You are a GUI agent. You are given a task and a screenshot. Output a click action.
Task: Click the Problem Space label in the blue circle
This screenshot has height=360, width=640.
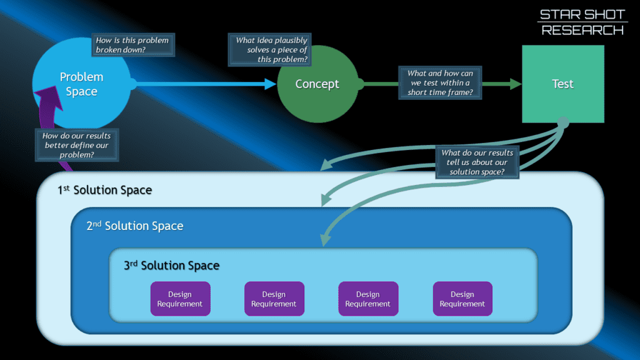pos(82,84)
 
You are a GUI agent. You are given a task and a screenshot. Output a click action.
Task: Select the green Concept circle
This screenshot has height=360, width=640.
pos(318,84)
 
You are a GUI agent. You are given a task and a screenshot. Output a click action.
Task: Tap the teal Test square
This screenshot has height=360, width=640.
pos(563,84)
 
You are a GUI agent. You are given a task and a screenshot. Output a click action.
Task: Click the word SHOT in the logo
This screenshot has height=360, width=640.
pos(604,15)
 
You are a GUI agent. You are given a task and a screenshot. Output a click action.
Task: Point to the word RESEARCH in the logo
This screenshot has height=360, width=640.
pos(582,30)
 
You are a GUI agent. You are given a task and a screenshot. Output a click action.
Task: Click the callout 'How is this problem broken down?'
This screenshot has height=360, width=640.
pos(133,45)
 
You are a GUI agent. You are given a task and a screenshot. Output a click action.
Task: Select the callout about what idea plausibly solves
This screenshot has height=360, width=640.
pos(270,50)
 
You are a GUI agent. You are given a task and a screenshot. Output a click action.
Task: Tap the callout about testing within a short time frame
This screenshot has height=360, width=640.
pos(440,83)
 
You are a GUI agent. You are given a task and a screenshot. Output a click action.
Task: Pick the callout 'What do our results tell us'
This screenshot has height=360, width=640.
pos(477,162)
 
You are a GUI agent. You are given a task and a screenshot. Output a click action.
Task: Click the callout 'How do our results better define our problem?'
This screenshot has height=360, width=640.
pos(77,145)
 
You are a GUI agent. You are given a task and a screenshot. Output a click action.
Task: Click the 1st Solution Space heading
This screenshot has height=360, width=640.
pos(104,190)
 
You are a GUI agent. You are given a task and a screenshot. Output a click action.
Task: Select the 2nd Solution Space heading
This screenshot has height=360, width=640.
pos(135,226)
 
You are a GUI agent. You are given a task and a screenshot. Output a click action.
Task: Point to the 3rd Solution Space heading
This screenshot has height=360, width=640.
pos(171,265)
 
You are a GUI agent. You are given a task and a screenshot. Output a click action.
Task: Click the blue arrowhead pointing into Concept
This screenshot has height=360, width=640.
pos(270,84)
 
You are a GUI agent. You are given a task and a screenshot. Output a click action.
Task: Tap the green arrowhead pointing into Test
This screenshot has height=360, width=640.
pos(516,84)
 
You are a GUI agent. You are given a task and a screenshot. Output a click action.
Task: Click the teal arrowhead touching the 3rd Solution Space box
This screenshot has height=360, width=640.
pos(325,239)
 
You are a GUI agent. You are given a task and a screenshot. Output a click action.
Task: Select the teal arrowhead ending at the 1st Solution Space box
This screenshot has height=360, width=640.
pos(327,164)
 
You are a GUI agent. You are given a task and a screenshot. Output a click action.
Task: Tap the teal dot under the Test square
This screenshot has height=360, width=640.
pos(563,122)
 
